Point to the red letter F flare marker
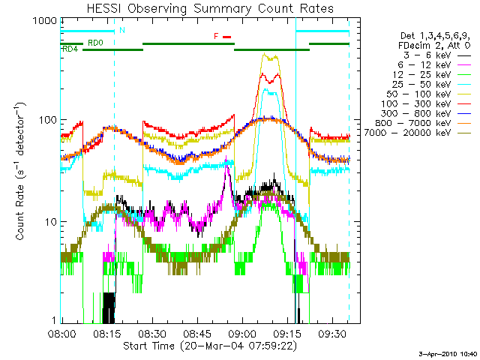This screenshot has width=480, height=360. pos(217,36)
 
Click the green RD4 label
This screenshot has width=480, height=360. pos(70,49)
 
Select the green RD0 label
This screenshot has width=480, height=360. pos(95,43)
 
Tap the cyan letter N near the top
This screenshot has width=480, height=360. pos(122,31)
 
